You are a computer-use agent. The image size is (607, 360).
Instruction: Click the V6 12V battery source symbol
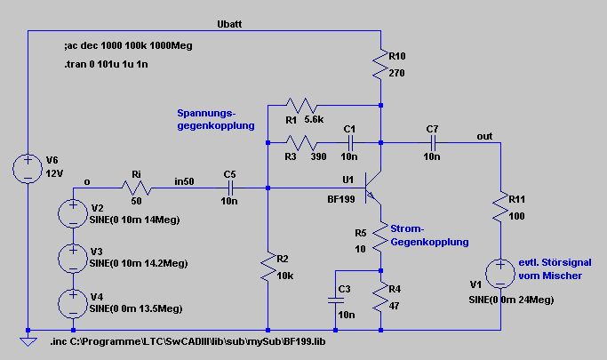pyautogui.click(x=28, y=169)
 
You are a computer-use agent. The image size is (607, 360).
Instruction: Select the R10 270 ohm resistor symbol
pyautogui.click(x=381, y=64)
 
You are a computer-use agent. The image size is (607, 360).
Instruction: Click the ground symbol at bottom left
pyautogui.click(x=28, y=341)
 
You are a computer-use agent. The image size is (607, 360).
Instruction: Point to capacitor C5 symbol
pyautogui.click(x=230, y=188)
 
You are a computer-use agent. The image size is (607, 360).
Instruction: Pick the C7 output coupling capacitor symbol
pyautogui.click(x=433, y=143)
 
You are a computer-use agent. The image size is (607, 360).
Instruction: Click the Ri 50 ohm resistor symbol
pyautogui.click(x=137, y=188)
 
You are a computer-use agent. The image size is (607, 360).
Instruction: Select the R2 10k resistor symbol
pyautogui.click(x=268, y=267)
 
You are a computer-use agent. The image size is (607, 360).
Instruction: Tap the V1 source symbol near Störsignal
pyautogui.click(x=500, y=274)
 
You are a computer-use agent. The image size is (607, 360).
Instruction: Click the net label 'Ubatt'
pyautogui.click(x=229, y=24)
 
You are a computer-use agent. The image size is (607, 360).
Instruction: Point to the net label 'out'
pyautogui.click(x=484, y=136)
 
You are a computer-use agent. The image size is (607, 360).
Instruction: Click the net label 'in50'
pyautogui.click(x=184, y=181)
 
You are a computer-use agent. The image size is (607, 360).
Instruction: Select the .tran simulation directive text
pyautogui.click(x=106, y=64)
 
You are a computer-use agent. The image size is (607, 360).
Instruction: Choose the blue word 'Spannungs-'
pyautogui.click(x=206, y=113)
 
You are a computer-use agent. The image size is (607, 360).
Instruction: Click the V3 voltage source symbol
pyautogui.click(x=73, y=258)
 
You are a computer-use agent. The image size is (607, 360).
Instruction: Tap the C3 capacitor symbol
pyautogui.click(x=336, y=300)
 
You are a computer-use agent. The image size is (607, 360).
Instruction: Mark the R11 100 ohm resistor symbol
pyautogui.click(x=500, y=207)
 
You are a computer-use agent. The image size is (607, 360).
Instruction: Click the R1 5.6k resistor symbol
pyautogui.click(x=301, y=105)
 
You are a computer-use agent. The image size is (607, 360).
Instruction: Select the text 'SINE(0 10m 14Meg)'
pyautogui.click(x=135, y=220)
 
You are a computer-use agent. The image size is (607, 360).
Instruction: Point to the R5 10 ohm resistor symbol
pyautogui.click(x=380, y=237)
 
